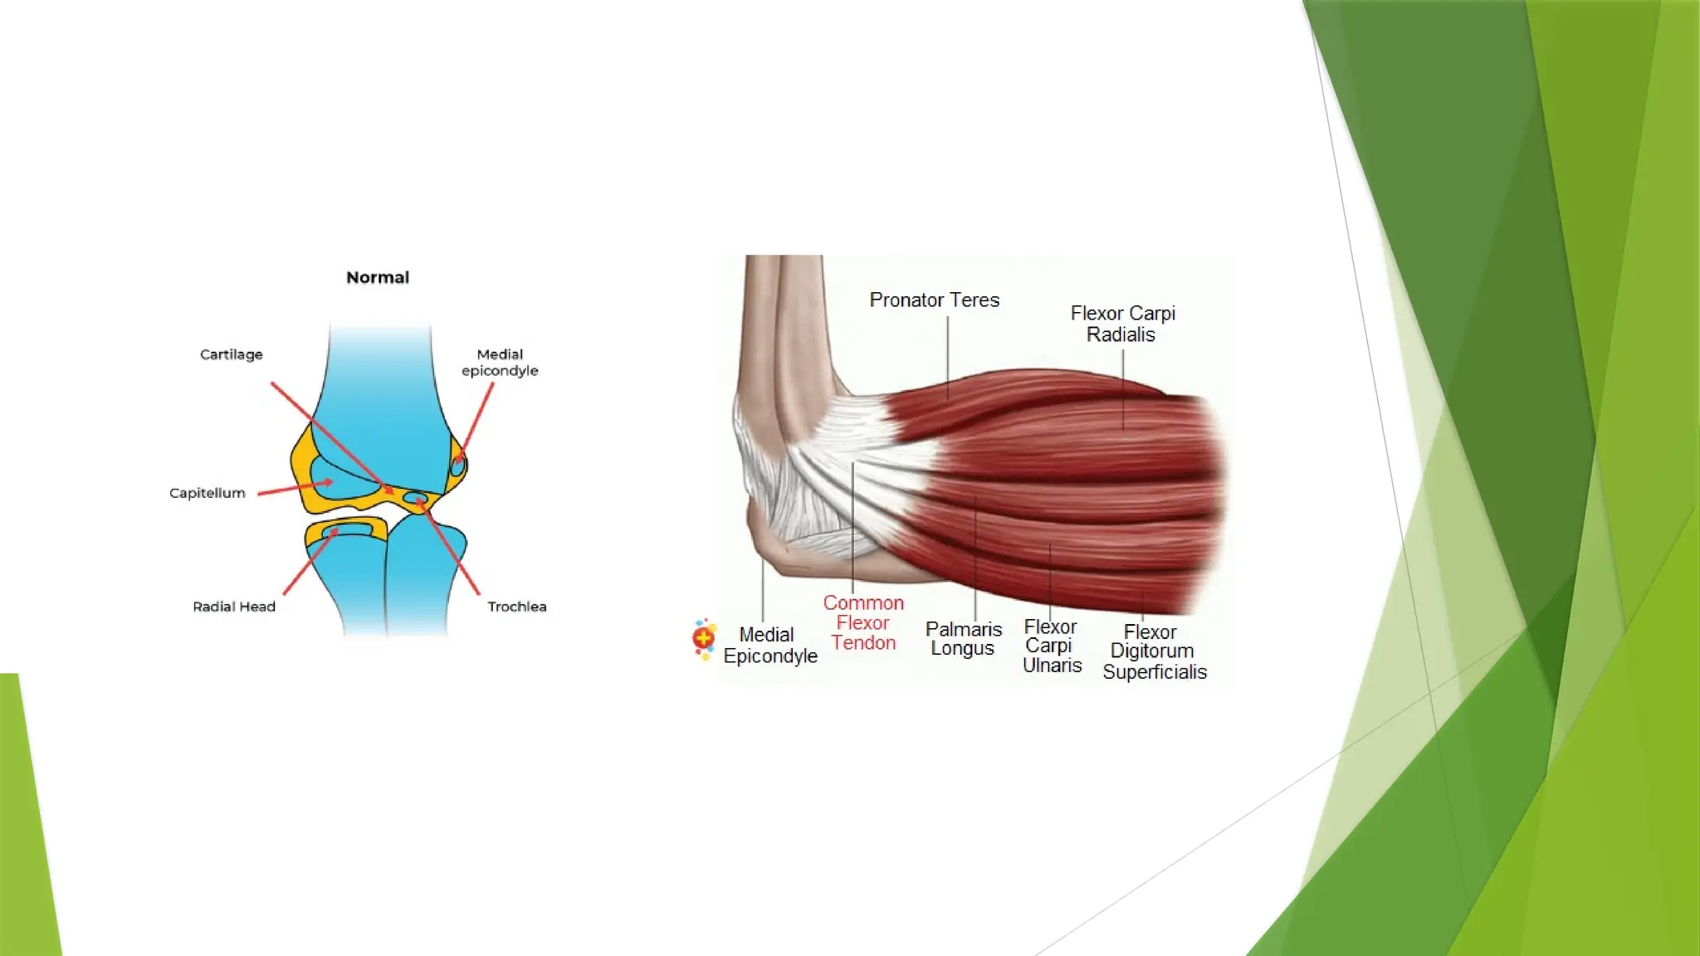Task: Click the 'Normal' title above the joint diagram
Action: pyautogui.click(x=378, y=277)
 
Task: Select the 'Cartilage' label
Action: pyautogui.click(x=231, y=354)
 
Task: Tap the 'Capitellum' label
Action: pyautogui.click(x=208, y=493)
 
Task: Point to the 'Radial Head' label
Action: pyautogui.click(x=234, y=607)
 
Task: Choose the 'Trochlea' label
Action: pyautogui.click(x=516, y=607)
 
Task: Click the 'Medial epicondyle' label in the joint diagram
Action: pyautogui.click(x=500, y=363)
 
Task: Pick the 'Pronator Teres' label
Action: pyautogui.click(x=934, y=300)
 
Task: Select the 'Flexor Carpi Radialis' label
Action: pyautogui.click(x=1122, y=324)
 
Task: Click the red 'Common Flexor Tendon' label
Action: pyautogui.click(x=863, y=622)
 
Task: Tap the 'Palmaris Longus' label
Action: pyautogui.click(x=963, y=639)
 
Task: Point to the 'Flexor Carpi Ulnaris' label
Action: pyautogui.click(x=1051, y=646)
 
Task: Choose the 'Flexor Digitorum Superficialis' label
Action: pyautogui.click(x=1154, y=651)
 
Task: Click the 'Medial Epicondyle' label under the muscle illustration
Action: pyautogui.click(x=769, y=646)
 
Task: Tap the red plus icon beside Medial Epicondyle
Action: pyautogui.click(x=704, y=638)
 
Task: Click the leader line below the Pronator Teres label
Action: pyautogui.click(x=948, y=357)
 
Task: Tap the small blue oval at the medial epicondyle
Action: pyautogui.click(x=457, y=466)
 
